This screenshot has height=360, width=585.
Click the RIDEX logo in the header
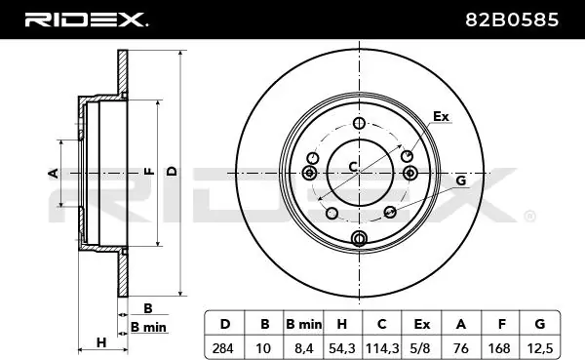click(x=86, y=20)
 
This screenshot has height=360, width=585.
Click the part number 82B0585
click(x=512, y=20)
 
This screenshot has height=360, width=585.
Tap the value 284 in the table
click(x=222, y=348)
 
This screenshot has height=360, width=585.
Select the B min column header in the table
click(x=303, y=324)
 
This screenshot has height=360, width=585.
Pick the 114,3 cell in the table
click(x=381, y=348)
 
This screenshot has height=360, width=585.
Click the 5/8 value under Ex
click(x=420, y=348)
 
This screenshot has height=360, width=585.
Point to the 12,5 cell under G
click(x=540, y=348)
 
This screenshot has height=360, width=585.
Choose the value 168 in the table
click(x=499, y=348)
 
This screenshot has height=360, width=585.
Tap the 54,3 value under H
click(x=342, y=348)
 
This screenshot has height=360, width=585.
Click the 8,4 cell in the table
click(x=303, y=348)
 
